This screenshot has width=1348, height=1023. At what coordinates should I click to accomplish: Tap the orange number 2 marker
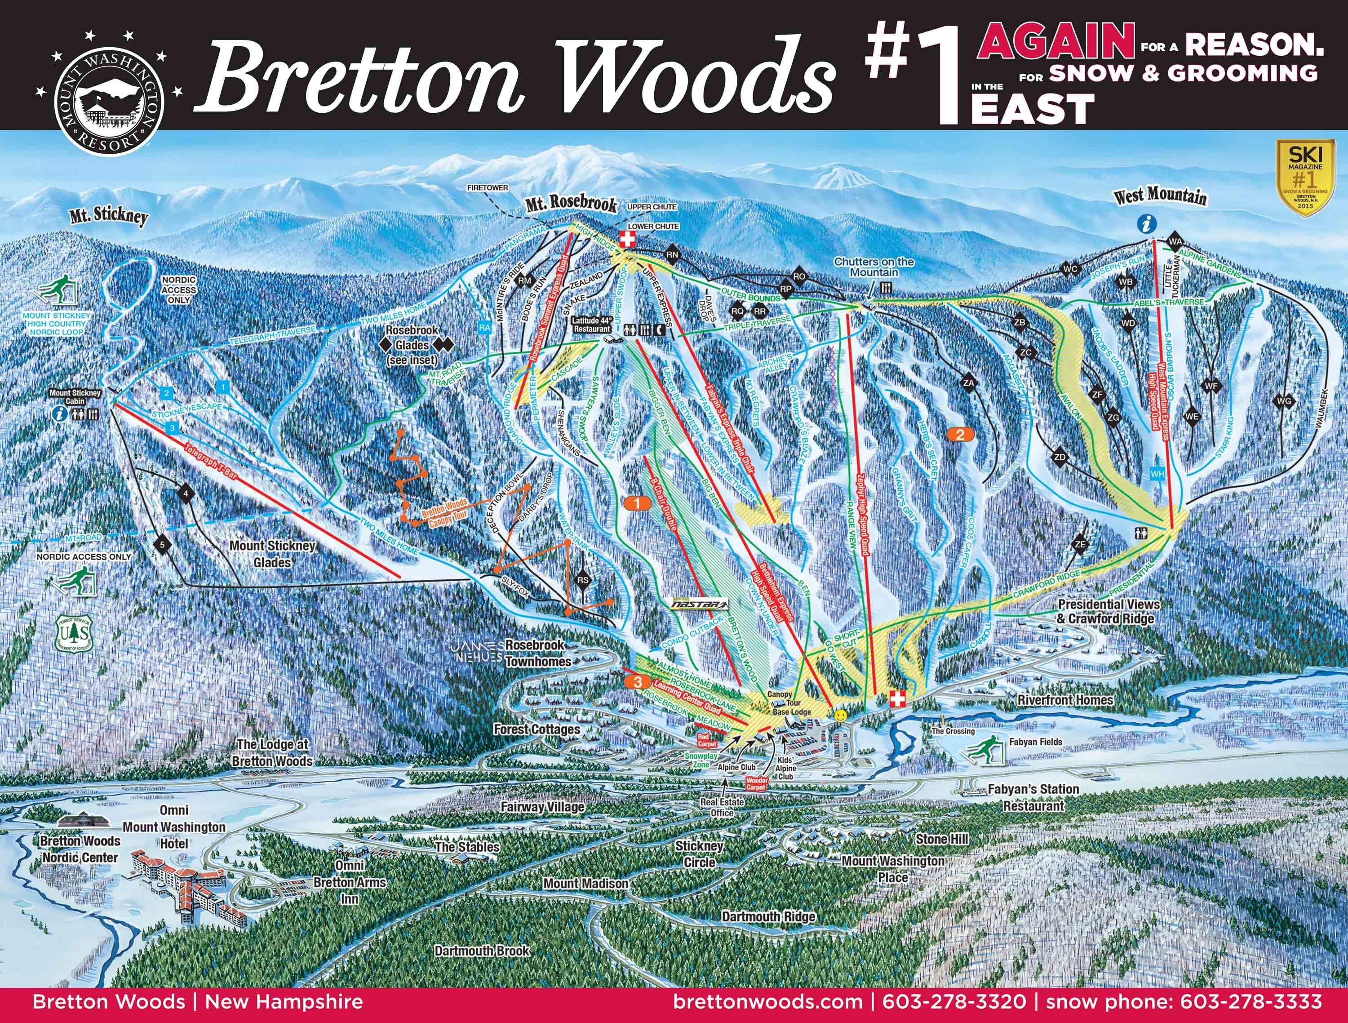point(960,435)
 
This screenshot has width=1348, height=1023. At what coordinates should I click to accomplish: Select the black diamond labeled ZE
point(1081,544)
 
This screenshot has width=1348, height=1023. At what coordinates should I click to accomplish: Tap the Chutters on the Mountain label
point(874,267)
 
